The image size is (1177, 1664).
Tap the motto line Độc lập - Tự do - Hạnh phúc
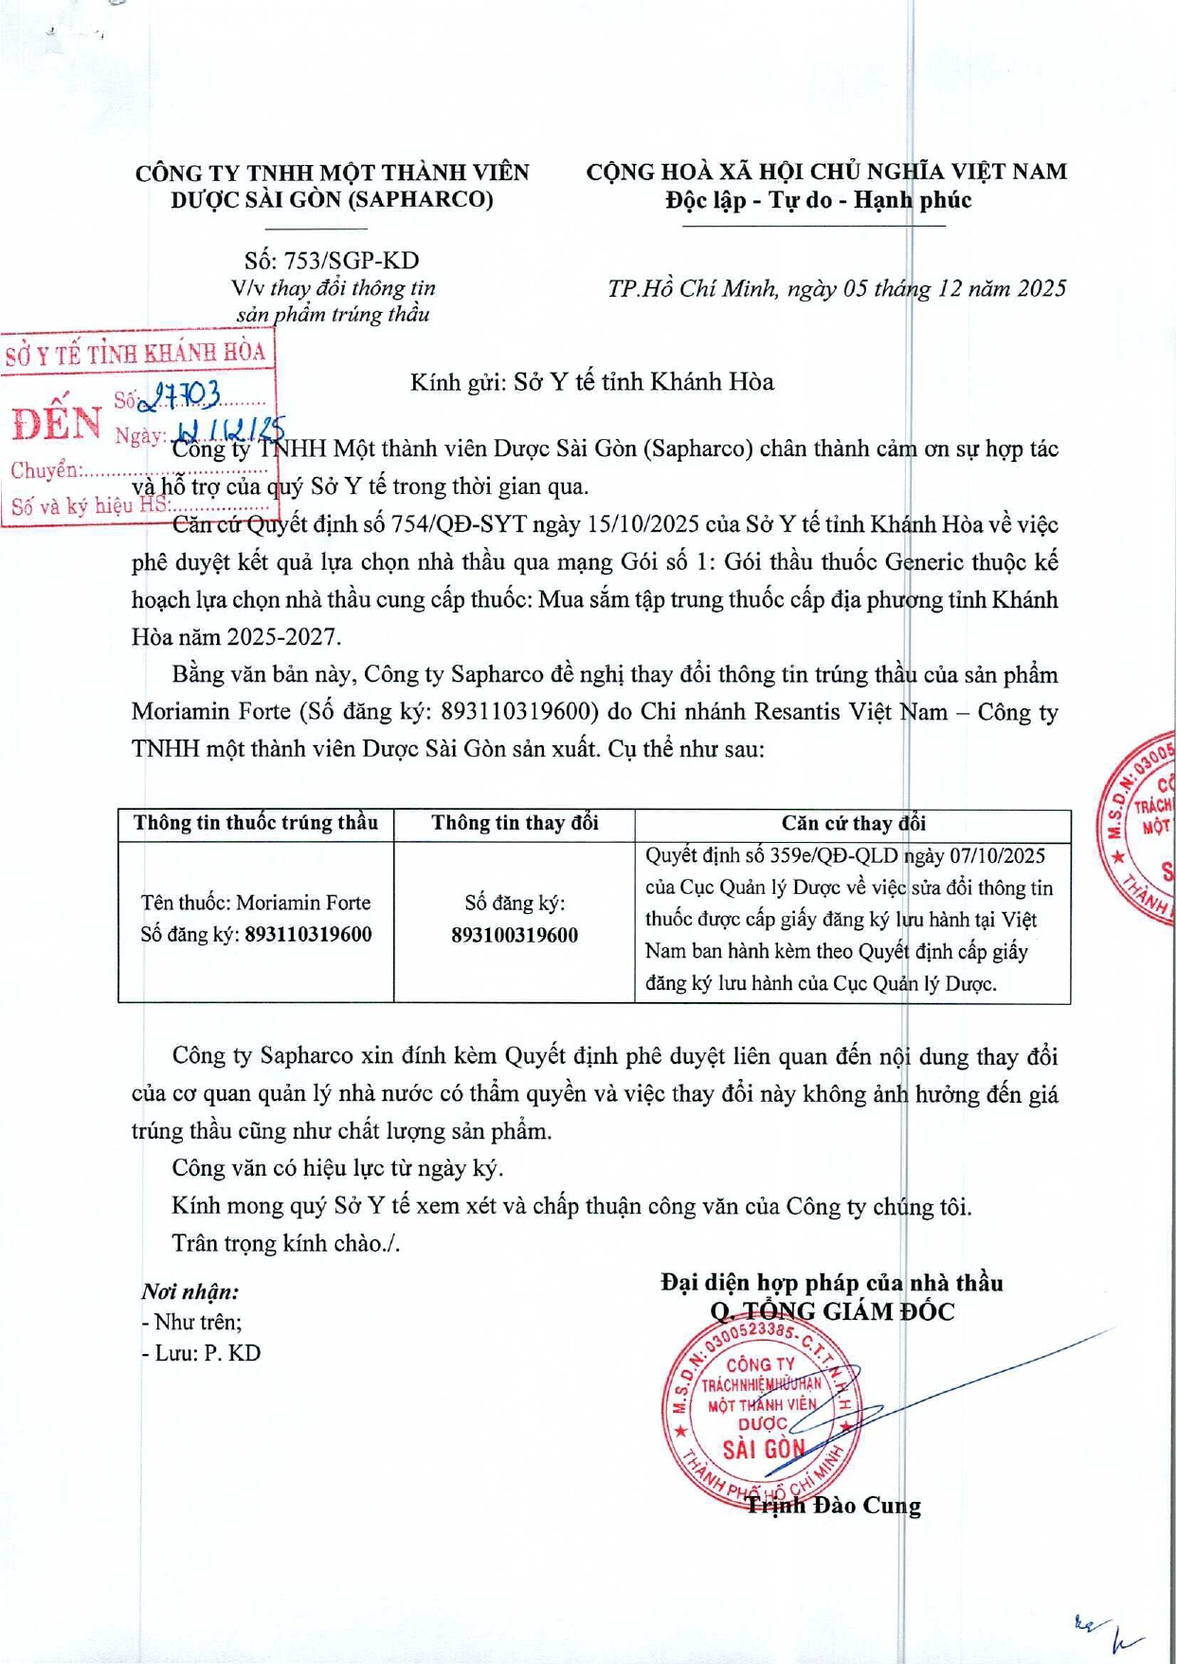click(817, 200)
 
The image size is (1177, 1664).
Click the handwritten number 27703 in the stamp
click(180, 396)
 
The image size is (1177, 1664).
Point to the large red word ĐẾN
click(57, 424)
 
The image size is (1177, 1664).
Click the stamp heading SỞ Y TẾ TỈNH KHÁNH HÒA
click(136, 355)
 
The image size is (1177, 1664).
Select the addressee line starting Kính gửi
click(591, 382)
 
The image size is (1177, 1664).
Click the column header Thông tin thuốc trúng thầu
click(256, 823)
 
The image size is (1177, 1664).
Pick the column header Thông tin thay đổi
click(515, 823)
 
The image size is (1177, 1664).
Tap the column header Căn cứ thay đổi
click(853, 823)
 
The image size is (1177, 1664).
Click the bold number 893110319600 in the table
click(308, 935)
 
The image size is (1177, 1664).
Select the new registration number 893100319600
click(515, 936)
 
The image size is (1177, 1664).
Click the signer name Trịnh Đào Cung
click(833, 1506)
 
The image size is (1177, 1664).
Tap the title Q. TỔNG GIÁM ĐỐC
click(832, 1312)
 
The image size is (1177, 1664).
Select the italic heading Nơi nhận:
click(190, 1291)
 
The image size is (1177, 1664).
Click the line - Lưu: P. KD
click(201, 1353)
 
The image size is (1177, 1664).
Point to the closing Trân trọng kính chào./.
click(285, 1243)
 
